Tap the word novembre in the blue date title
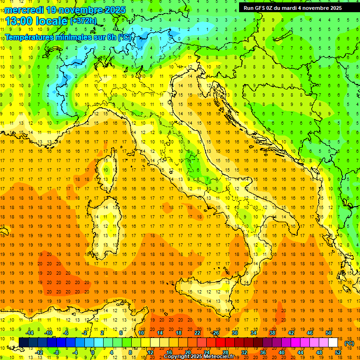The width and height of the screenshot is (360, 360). pos(78,9)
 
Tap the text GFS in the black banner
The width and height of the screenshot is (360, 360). pos(261,8)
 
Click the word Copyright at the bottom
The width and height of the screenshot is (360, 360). pos(177,357)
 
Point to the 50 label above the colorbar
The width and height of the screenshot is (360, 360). pos(329,333)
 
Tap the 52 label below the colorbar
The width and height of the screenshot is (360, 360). pos(338,352)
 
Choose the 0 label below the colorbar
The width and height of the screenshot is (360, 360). pos(93,352)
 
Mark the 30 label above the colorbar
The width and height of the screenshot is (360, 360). pos(235,333)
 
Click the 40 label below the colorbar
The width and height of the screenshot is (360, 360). pos(282,352)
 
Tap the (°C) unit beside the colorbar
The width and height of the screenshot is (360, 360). pos(349,343)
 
